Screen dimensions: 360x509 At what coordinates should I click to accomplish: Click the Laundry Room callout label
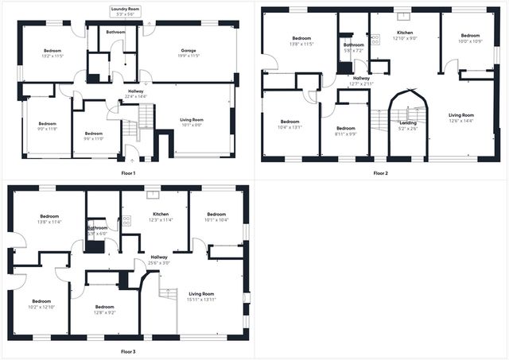click(x=127, y=9)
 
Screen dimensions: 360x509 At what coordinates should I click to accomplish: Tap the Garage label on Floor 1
click(x=188, y=50)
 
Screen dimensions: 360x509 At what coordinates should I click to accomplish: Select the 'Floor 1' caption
click(x=128, y=172)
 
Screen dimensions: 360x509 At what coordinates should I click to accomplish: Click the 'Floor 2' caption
click(x=380, y=172)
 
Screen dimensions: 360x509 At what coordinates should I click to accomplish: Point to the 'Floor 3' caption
click(x=128, y=350)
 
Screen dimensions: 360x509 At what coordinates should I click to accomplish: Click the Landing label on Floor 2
click(x=407, y=122)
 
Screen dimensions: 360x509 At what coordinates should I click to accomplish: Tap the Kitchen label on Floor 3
click(x=161, y=215)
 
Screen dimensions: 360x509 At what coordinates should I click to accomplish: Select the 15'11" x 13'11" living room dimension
click(x=201, y=300)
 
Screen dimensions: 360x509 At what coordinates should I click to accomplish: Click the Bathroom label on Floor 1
click(x=116, y=32)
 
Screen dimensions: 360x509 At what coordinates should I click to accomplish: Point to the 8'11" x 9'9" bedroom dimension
click(x=345, y=134)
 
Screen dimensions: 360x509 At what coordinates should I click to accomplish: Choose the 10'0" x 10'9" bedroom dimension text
click(x=471, y=41)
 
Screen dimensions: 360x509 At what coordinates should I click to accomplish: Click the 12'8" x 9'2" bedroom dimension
click(x=105, y=312)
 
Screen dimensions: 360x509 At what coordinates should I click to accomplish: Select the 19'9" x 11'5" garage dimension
click(x=188, y=56)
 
